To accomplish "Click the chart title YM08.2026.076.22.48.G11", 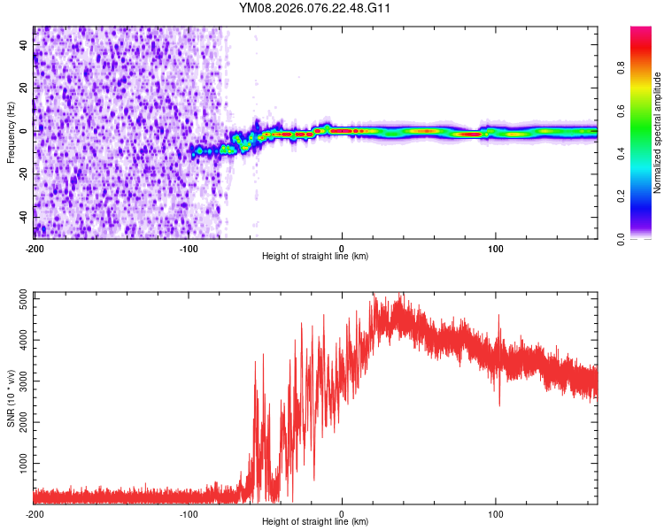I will [x=315, y=8].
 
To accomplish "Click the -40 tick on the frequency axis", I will [x=25, y=216].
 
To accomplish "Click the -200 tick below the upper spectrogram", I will [x=35, y=247].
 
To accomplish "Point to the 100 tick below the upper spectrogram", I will [x=496, y=247].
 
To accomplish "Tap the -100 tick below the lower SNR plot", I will [x=189, y=513].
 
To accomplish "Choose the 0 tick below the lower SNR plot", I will [x=343, y=513].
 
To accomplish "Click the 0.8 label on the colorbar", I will [x=621, y=66].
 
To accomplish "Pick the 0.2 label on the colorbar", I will [x=621, y=195].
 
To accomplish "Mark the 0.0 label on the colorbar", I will [x=621, y=237].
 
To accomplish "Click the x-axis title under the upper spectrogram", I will [x=315, y=257].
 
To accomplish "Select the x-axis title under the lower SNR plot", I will [x=315, y=523].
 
